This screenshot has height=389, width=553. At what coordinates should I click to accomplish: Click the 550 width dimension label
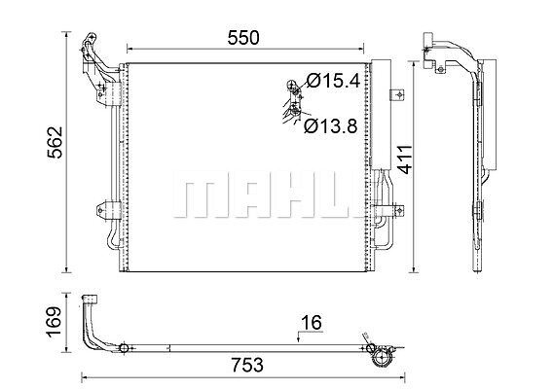coord(243,38)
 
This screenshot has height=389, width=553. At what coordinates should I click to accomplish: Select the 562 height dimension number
coord(55,142)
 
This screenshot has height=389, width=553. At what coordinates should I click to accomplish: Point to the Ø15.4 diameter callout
coord(333,81)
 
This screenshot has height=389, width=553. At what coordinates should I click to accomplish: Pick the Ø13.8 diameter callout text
coord(330,126)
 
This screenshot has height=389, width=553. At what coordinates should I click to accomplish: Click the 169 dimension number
coord(55,322)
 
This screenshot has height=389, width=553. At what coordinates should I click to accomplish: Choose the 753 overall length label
coord(247,365)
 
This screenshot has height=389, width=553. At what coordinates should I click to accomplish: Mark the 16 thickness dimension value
coord(312,323)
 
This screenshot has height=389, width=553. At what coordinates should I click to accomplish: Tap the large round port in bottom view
coord(383,359)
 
